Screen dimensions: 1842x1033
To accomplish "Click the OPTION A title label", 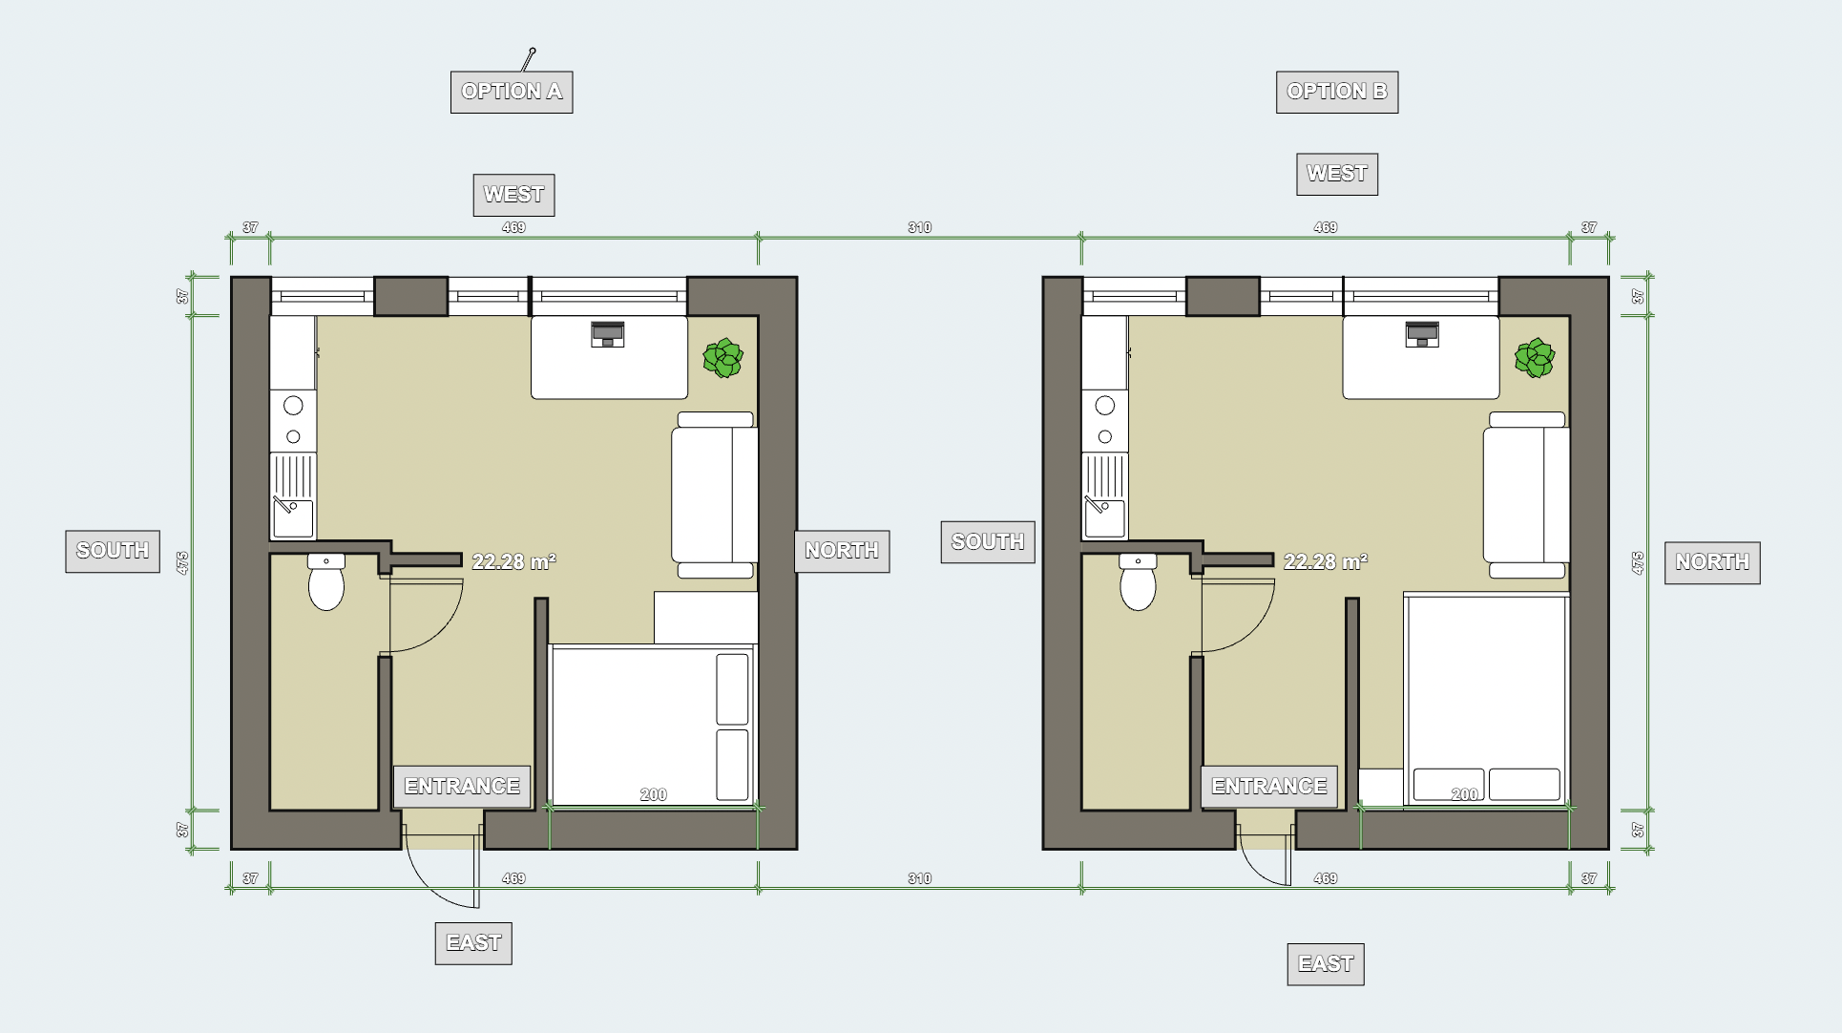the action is [x=512, y=92].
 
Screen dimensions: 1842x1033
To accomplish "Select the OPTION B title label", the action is [x=1337, y=92].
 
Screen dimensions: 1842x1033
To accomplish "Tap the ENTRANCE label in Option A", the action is [x=462, y=787].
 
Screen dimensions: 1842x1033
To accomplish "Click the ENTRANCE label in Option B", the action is [x=1269, y=787].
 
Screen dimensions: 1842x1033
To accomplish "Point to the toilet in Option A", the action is [x=326, y=581].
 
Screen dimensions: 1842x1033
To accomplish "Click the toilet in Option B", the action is [x=1138, y=581].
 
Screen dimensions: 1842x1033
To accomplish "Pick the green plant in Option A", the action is [x=723, y=358].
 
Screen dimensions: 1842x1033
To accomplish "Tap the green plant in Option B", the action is [x=1535, y=358].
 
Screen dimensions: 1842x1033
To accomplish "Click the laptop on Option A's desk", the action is [x=608, y=334].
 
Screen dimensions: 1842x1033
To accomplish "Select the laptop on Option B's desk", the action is [x=1422, y=334].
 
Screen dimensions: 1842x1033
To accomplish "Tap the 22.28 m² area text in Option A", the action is [x=513, y=561].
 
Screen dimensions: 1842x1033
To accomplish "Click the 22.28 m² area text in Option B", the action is [x=1325, y=561].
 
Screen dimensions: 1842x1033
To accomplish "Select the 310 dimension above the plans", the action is [x=919, y=227].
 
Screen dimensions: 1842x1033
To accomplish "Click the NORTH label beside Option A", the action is [x=842, y=551].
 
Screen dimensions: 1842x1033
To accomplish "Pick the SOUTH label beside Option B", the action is [x=988, y=542].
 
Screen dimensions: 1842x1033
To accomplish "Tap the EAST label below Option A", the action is [x=473, y=943].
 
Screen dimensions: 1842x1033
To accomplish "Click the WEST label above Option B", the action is [x=1337, y=174].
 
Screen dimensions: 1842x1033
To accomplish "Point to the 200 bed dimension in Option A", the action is [x=654, y=794].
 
